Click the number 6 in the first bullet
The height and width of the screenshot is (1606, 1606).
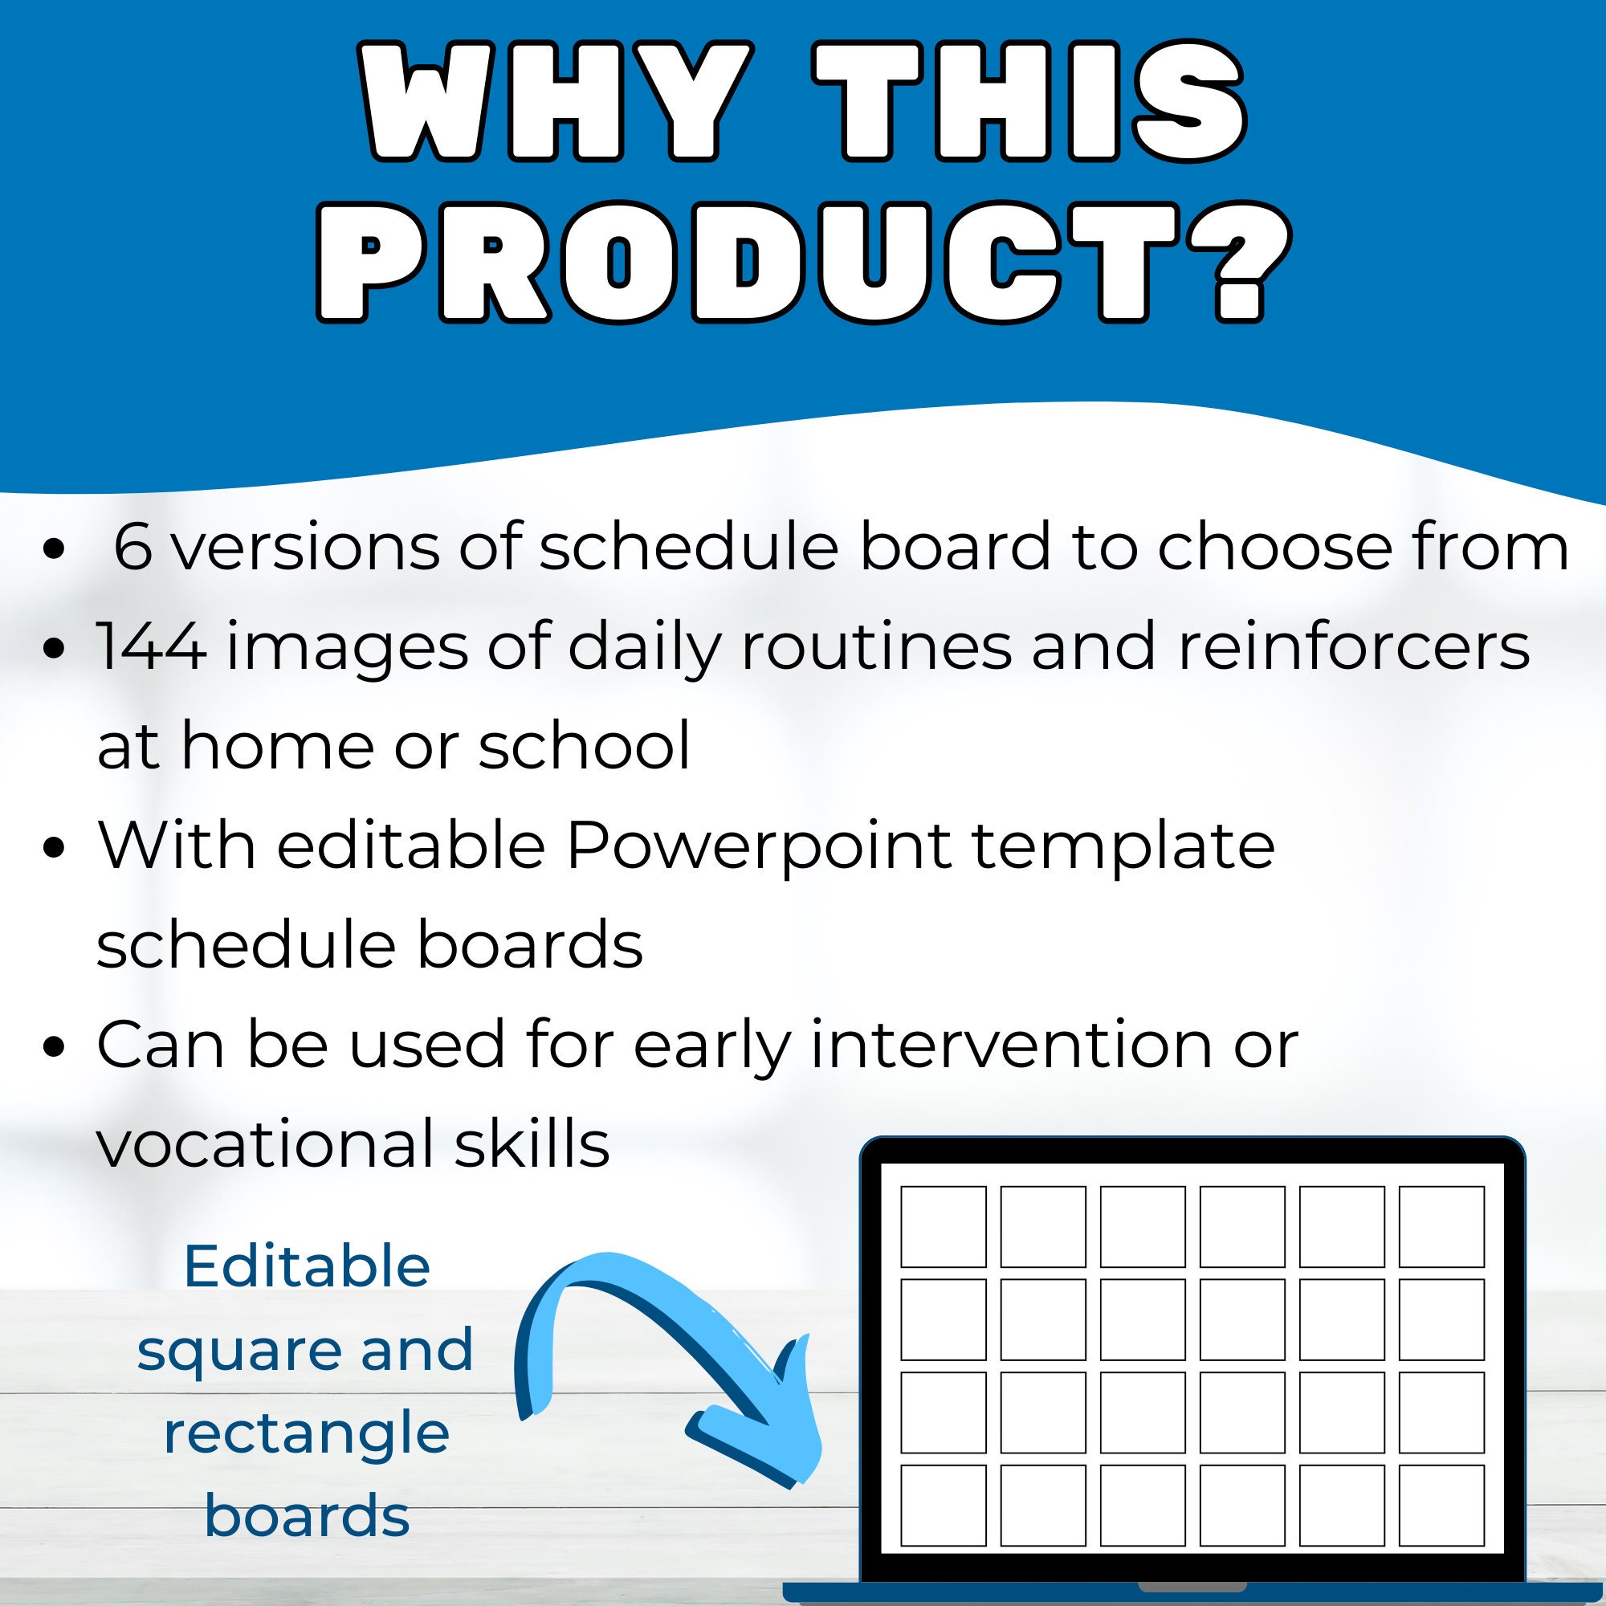[133, 547]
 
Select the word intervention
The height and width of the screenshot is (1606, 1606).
[1011, 1045]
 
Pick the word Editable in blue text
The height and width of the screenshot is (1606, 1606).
[307, 1267]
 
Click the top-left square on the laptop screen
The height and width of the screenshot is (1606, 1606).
[944, 1227]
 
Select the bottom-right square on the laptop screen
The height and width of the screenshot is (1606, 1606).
[1441, 1506]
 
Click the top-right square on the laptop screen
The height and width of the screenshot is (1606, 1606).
[1441, 1227]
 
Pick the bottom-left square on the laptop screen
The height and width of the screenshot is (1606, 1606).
[944, 1506]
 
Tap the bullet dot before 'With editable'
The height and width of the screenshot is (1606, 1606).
[54, 849]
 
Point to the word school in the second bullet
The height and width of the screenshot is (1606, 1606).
[584, 746]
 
